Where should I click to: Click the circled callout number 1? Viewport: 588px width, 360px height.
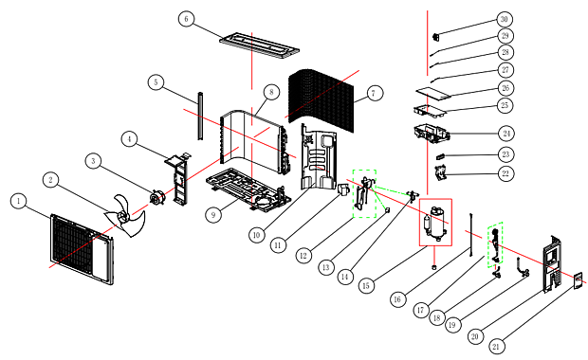pyautogui.click(x=18, y=201)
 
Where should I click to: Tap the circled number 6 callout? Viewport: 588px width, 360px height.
pyautogui.click(x=186, y=19)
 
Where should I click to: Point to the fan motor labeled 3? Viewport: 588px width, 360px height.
pyautogui.click(x=156, y=198)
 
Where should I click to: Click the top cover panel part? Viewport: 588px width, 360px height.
pyautogui.click(x=260, y=45)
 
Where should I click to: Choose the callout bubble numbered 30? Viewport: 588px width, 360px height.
pyautogui.click(x=505, y=19)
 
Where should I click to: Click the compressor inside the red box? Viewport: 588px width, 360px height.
pyautogui.click(x=435, y=222)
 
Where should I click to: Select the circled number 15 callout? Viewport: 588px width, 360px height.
pyautogui.click(x=366, y=286)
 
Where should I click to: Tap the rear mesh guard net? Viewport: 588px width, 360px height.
pyautogui.click(x=322, y=100)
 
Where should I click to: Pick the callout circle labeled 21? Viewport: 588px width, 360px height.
pyautogui.click(x=496, y=347)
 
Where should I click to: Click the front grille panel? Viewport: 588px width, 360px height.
pyautogui.click(x=82, y=249)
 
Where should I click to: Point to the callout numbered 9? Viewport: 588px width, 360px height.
pyautogui.click(x=213, y=215)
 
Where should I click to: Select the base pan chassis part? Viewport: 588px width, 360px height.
pyautogui.click(x=248, y=190)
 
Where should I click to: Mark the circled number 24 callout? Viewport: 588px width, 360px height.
pyautogui.click(x=506, y=134)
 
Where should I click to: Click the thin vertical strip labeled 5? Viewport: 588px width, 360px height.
pyautogui.click(x=201, y=117)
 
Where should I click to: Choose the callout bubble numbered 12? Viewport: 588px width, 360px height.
pyautogui.click(x=303, y=256)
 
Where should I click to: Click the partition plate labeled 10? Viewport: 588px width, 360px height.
pyautogui.click(x=319, y=157)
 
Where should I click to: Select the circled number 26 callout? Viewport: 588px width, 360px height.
pyautogui.click(x=505, y=88)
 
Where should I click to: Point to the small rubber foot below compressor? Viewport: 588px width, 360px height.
pyautogui.click(x=434, y=267)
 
